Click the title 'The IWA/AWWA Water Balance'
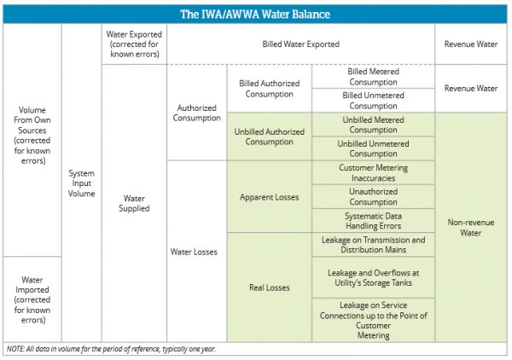click(x=255, y=14)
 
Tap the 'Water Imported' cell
click(x=32, y=299)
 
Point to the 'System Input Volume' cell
click(x=81, y=183)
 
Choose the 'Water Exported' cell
click(x=134, y=44)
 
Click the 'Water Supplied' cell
click(x=134, y=202)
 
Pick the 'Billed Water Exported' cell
click(x=300, y=44)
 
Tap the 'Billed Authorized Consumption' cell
click(x=269, y=88)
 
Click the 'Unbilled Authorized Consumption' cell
click(x=269, y=136)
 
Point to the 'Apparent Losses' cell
click(x=269, y=197)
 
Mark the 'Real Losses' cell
click(x=269, y=287)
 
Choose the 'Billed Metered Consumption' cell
click(x=373, y=77)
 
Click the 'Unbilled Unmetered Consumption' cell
click(x=373, y=148)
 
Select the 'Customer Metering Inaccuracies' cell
click(x=373, y=173)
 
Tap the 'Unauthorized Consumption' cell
click(x=373, y=197)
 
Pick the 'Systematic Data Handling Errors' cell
click(x=373, y=221)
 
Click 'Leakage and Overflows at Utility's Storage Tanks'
click(x=373, y=278)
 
